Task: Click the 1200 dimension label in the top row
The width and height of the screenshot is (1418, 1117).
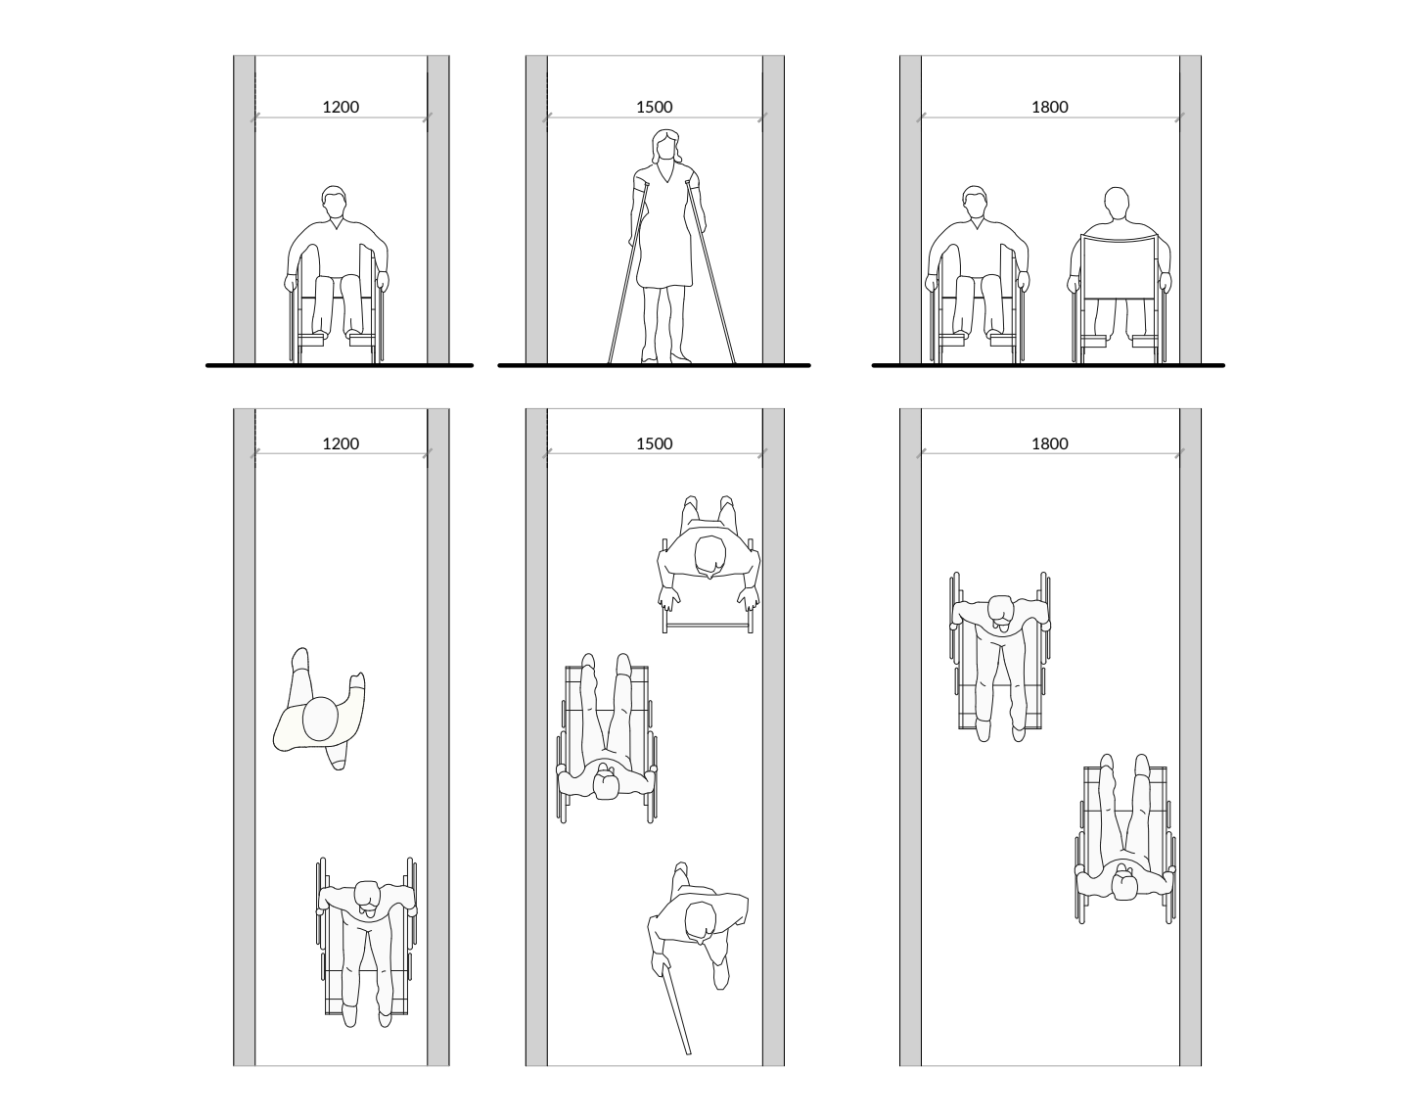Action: tap(341, 107)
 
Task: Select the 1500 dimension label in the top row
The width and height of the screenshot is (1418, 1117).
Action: tap(655, 107)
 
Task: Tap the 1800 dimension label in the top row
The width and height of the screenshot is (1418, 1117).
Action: tap(1050, 107)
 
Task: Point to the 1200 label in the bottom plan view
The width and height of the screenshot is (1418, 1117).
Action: tap(341, 443)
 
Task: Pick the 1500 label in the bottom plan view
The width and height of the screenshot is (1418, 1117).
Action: tap(655, 443)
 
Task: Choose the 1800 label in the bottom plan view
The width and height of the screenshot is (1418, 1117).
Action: tap(1050, 443)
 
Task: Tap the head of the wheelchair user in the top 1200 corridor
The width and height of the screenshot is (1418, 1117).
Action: tap(335, 203)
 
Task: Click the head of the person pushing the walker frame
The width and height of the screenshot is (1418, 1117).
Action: tap(709, 556)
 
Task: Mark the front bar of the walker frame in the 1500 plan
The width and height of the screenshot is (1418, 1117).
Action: tap(708, 624)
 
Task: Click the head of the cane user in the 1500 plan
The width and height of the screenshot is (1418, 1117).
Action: tap(701, 921)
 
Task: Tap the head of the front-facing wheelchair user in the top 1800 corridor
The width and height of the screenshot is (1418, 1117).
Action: tap(976, 203)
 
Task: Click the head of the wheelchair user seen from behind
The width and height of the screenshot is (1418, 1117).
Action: tap(1117, 205)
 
